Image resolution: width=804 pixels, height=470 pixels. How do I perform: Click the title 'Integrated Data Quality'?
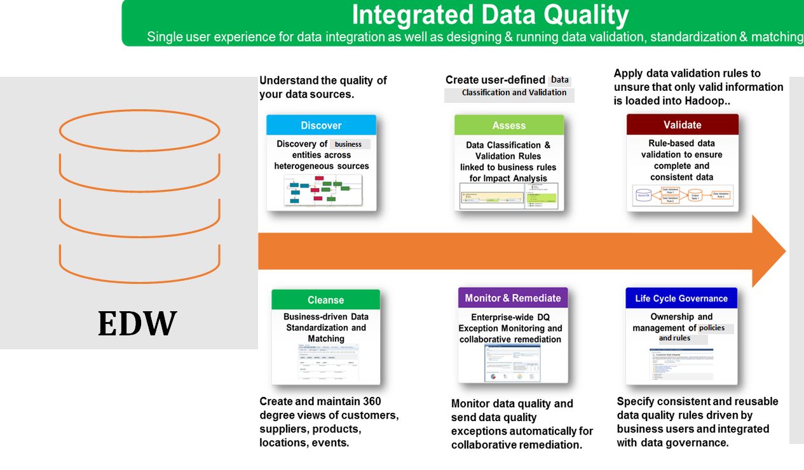click(x=490, y=15)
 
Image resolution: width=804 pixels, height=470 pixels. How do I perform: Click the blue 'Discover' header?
click(x=321, y=125)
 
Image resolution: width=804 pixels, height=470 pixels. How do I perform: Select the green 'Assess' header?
click(x=508, y=125)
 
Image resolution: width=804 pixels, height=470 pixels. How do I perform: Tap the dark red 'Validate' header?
click(x=682, y=124)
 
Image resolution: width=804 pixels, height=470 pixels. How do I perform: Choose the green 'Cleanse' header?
click(x=325, y=300)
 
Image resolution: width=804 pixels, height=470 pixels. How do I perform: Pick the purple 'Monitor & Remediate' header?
click(x=513, y=298)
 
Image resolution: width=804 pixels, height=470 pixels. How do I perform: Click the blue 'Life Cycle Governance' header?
click(x=681, y=299)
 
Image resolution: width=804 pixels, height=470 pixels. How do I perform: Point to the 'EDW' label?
click(x=137, y=323)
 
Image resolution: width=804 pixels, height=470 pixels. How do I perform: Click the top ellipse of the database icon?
click(x=139, y=130)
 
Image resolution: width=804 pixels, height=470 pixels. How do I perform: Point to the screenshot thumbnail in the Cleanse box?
click(x=325, y=364)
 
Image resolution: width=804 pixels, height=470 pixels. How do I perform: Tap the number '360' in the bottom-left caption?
click(x=371, y=401)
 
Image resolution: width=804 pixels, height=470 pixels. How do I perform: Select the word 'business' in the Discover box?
click(x=348, y=144)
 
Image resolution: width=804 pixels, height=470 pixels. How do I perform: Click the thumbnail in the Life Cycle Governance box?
click(x=681, y=364)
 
